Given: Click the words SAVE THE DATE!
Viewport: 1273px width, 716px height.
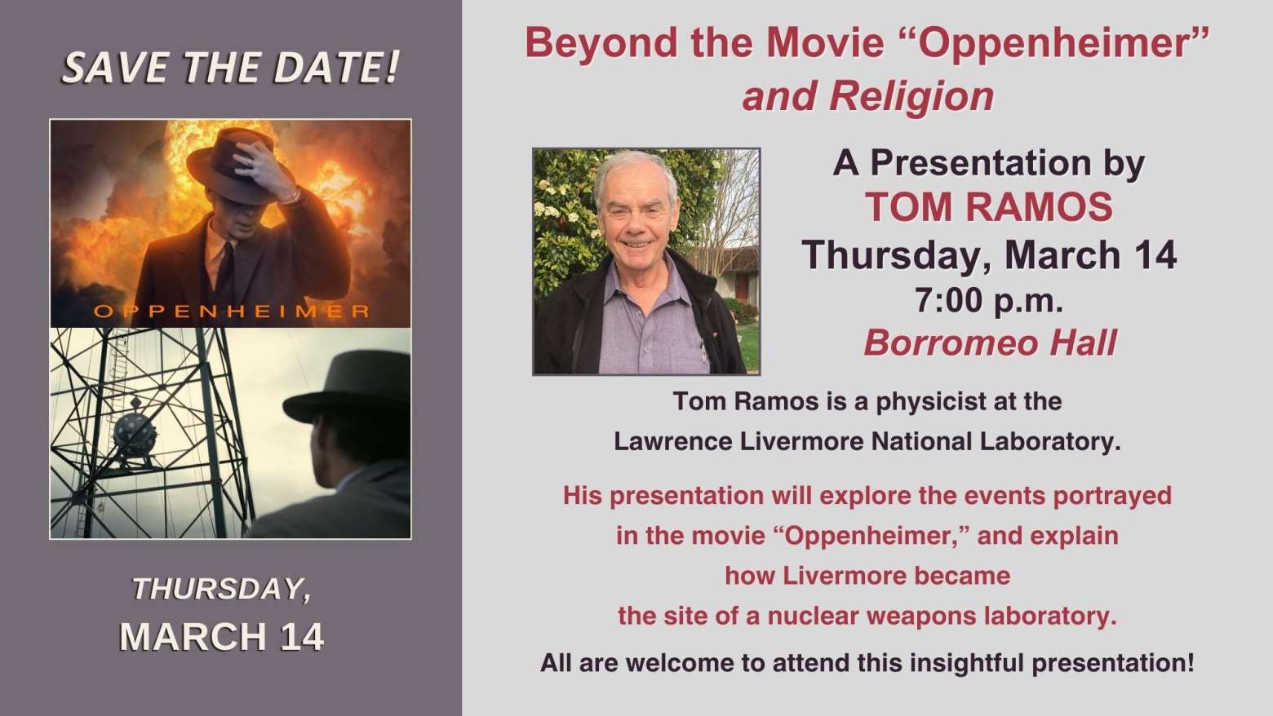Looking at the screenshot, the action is click(231, 68).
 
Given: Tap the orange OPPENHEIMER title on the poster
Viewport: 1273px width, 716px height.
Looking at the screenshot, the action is click(232, 312).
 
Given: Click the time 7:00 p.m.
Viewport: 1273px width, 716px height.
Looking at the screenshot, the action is click(989, 300).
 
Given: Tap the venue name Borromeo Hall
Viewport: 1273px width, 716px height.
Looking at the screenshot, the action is click(991, 343).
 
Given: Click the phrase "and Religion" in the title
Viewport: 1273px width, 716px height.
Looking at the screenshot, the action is click(868, 97).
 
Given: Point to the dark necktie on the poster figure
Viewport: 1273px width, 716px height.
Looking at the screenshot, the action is click(226, 272).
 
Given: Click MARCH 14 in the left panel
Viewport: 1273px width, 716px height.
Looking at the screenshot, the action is click(222, 637).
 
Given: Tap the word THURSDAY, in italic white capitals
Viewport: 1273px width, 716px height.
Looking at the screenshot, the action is click(222, 589).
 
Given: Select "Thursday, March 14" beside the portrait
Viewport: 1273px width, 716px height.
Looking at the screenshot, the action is click(989, 255).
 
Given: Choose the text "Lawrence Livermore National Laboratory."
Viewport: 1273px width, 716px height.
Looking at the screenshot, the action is click(867, 442).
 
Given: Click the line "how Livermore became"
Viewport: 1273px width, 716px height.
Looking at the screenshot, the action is click(867, 576).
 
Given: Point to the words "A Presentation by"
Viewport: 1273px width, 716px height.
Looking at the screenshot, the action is click(989, 164).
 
